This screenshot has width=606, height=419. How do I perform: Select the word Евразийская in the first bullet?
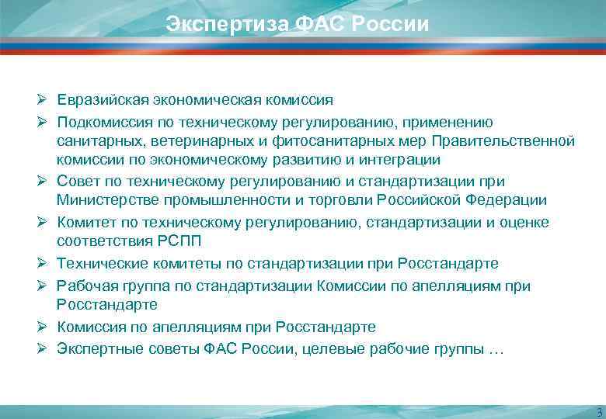tap(99, 100)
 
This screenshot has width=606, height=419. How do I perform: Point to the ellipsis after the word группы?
tap(496, 349)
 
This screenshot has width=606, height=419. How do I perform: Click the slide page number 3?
tap(598, 411)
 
